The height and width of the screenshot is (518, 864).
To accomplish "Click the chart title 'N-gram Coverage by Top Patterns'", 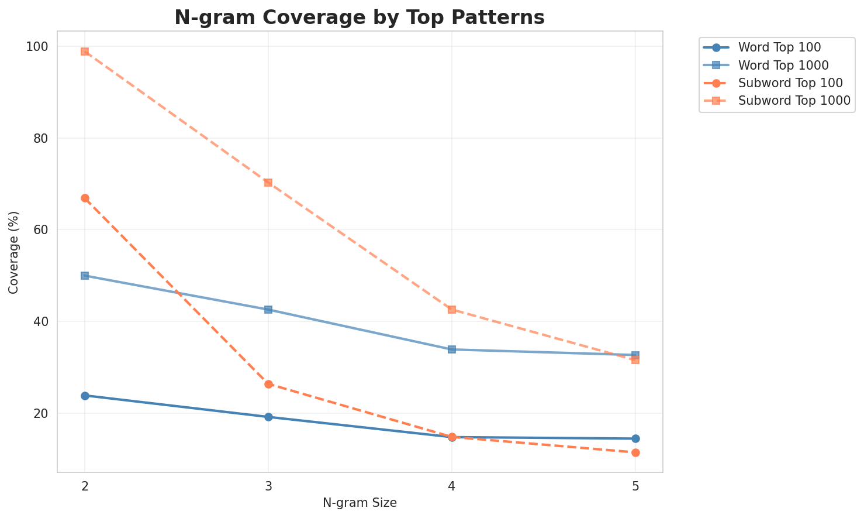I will coord(360,18).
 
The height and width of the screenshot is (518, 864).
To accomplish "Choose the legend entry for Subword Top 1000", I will coord(794,100).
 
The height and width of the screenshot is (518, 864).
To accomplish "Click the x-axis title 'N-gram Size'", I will coord(360,503).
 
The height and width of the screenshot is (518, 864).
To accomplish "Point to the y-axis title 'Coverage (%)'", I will coord(14,252).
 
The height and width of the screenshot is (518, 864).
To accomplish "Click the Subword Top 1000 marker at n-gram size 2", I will coord(85,52).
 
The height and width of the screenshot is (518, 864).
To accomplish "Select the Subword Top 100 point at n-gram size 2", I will coord(85,198).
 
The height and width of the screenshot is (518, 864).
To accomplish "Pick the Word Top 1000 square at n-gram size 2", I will coord(85,276).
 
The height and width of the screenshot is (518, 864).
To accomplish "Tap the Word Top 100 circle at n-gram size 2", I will coord(85,396).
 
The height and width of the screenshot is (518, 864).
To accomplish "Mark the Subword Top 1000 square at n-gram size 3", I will coord(268,183).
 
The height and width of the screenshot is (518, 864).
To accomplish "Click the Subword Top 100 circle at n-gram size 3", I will coord(268,384).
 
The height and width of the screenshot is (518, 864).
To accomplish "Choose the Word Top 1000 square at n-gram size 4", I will coord(452,349).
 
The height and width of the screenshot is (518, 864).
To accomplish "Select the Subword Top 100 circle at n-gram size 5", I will coord(635,452).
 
